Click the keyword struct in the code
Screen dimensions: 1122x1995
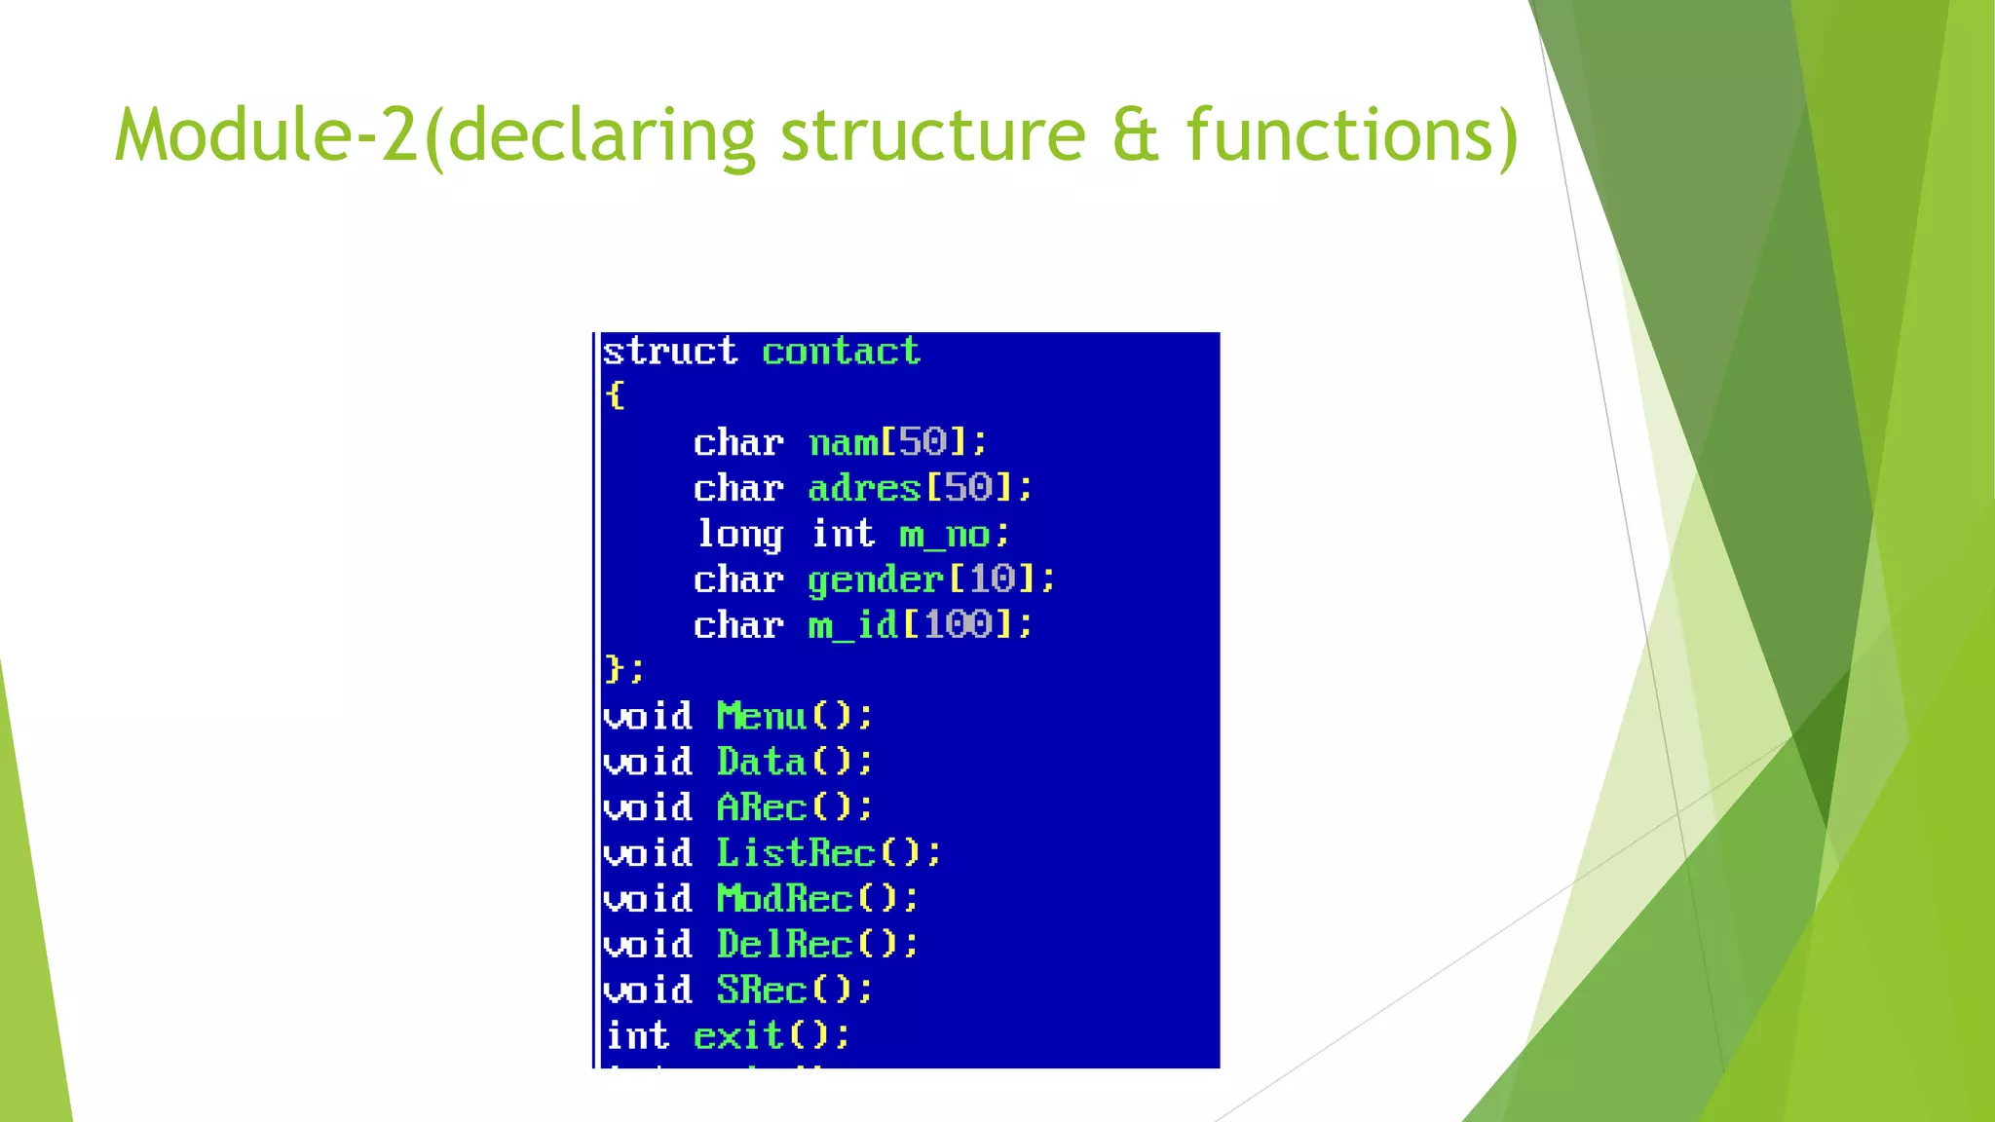tap(670, 351)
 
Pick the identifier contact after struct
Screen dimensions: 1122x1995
tap(841, 351)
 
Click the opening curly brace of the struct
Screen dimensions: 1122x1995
tap(615, 395)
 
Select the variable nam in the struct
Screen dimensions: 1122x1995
tap(844, 443)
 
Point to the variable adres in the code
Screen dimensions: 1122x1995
tap(864, 488)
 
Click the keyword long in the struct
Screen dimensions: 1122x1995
tap(739, 535)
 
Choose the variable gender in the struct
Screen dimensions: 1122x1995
tap(875, 580)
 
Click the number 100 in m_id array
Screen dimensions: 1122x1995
tap(959, 624)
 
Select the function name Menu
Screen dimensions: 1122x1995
tap(762, 717)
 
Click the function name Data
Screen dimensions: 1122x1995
tap(762, 762)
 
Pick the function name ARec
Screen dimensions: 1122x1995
tap(762, 807)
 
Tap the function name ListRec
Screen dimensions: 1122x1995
tap(796, 853)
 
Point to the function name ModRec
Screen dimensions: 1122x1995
tap(784, 898)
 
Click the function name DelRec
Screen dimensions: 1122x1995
tap(784, 944)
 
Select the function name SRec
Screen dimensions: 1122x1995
tap(762, 990)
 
